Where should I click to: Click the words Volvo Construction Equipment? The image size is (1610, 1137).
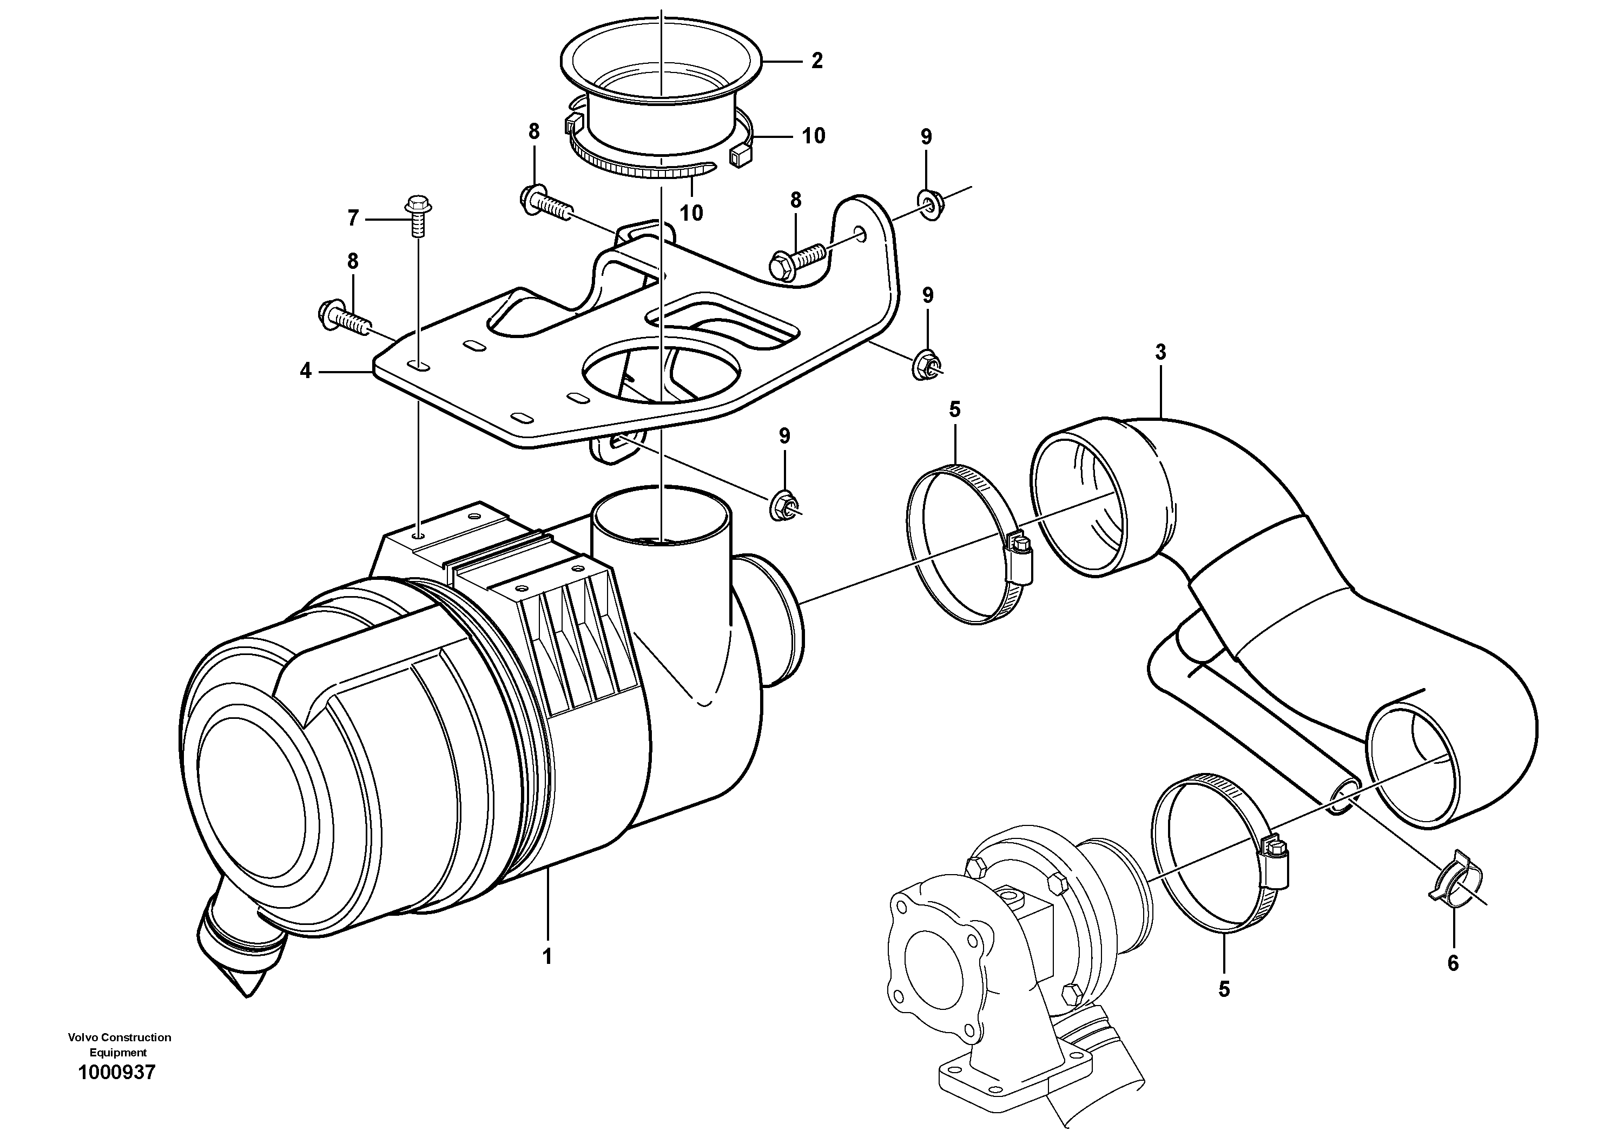click(119, 1045)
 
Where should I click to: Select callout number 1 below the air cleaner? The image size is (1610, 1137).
click(547, 956)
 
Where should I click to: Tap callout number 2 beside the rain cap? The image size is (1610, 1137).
click(817, 61)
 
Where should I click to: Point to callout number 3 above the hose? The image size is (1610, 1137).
click(1160, 352)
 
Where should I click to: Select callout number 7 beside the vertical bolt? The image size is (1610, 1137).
click(353, 219)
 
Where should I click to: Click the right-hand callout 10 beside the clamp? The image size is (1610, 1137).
click(814, 136)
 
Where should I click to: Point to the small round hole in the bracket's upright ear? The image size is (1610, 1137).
click(860, 233)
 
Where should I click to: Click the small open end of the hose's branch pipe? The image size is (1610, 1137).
click(1340, 798)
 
